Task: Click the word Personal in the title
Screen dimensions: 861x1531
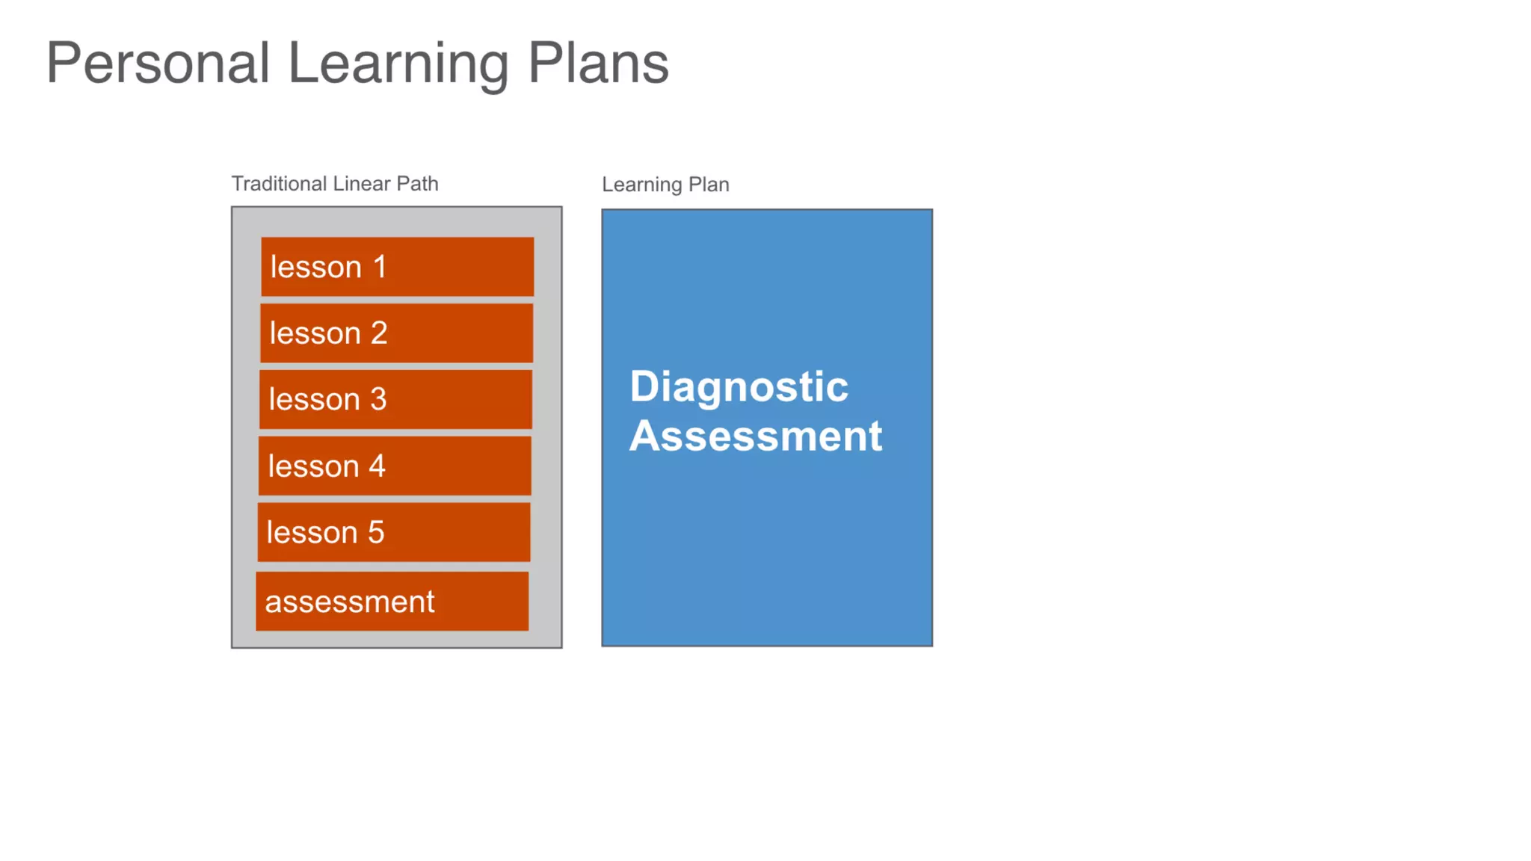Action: point(158,64)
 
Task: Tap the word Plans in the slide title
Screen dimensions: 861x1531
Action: point(598,64)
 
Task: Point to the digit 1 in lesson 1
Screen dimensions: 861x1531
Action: point(380,267)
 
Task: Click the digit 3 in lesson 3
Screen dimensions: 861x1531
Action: point(378,399)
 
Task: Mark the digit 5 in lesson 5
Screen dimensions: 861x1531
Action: point(376,532)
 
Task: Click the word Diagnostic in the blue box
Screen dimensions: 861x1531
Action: point(739,388)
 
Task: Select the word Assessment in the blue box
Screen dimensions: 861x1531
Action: point(756,436)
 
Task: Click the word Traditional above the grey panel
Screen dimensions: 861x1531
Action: point(279,184)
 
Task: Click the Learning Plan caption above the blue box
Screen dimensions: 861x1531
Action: point(665,185)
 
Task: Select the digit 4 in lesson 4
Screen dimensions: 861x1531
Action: point(377,466)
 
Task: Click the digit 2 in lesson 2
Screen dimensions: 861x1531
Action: point(379,333)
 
